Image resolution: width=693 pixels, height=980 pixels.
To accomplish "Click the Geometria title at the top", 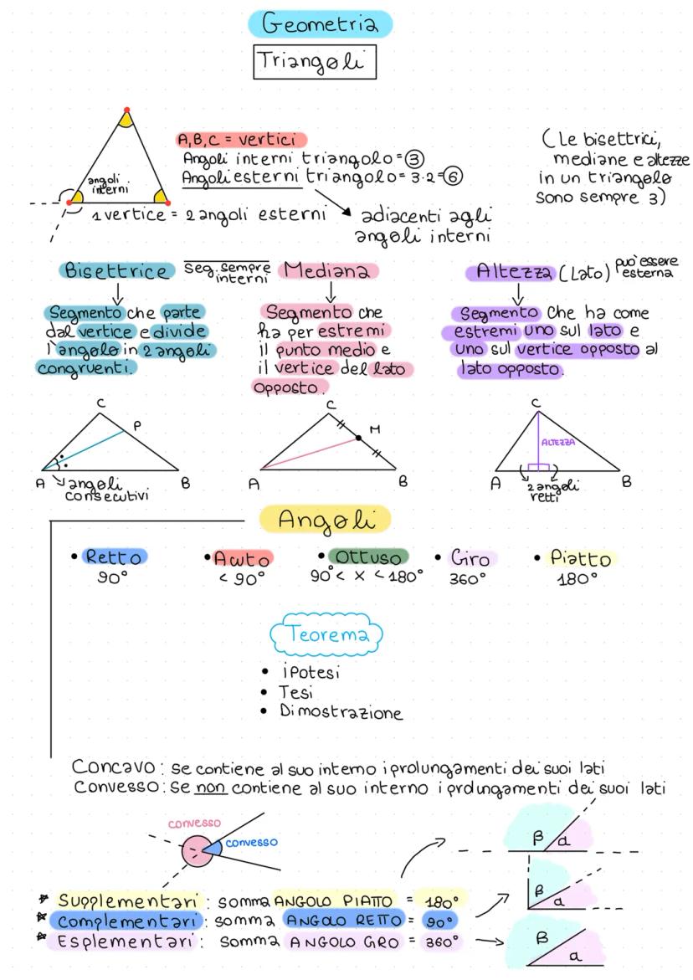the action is click(320, 23).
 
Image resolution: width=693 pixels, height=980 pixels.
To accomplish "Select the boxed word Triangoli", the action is click(315, 62).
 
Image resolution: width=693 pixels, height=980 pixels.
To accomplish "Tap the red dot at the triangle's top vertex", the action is click(127, 110).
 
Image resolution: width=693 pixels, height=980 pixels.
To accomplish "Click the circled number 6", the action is click(453, 177).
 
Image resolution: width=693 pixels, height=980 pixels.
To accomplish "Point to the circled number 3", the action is click(414, 159).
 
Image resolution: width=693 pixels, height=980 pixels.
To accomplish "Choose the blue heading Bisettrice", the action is click(117, 270).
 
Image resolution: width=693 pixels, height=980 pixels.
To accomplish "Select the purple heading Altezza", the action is click(511, 272).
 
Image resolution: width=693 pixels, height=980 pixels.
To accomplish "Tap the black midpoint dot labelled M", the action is click(359, 438).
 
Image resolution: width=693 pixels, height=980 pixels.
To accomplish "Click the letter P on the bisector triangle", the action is click(137, 426).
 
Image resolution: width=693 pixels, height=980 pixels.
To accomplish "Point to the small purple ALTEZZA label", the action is click(558, 442).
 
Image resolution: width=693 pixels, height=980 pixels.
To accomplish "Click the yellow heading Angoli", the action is click(326, 520).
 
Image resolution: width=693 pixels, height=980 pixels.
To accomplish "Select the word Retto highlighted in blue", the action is click(115, 557).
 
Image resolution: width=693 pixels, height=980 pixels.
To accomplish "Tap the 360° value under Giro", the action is click(467, 579).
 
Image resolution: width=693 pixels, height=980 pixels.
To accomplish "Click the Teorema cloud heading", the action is click(326, 634).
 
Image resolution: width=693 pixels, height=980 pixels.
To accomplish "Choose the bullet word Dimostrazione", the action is click(341, 711).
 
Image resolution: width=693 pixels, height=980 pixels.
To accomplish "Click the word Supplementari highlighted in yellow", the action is click(128, 900).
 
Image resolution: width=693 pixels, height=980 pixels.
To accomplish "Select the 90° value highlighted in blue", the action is click(440, 921).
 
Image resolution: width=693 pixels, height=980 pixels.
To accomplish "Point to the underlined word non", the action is click(211, 788).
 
